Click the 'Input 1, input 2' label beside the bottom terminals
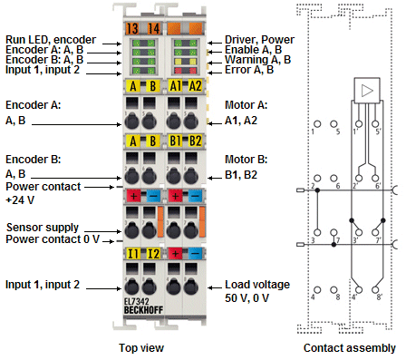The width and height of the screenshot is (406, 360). tap(42, 285)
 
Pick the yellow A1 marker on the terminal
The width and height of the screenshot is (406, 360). tap(176, 87)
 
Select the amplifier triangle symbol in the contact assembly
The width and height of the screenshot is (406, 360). tap(367, 91)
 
